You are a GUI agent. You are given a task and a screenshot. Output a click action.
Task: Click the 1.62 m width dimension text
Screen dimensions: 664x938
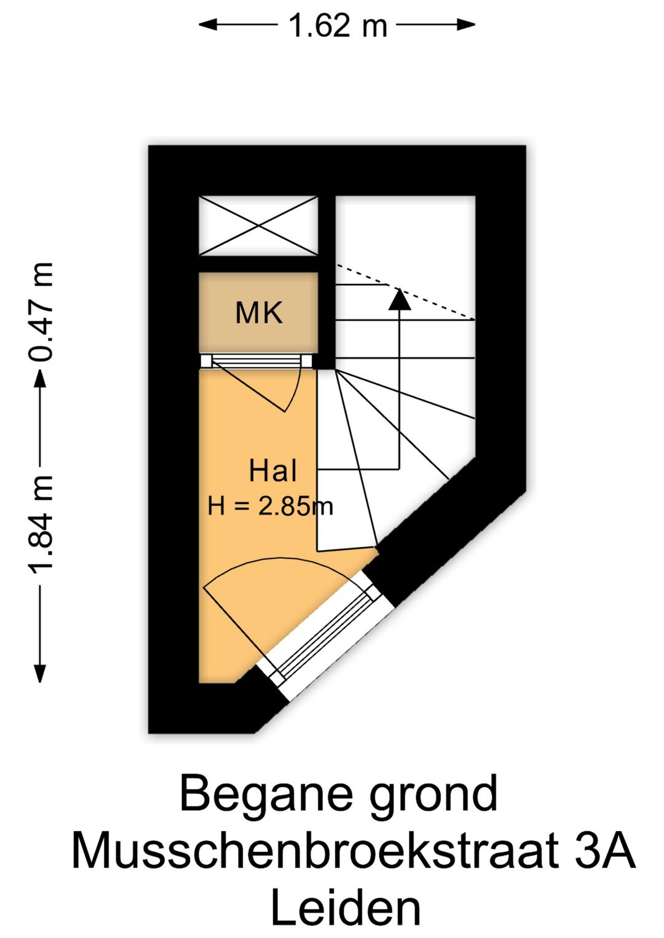click(x=338, y=25)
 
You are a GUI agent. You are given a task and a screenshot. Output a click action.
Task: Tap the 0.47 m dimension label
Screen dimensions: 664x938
click(x=41, y=312)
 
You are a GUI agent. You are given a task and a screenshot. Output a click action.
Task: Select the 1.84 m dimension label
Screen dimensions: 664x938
click(x=41, y=524)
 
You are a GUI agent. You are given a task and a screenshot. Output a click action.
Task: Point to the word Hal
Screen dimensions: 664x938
click(x=273, y=471)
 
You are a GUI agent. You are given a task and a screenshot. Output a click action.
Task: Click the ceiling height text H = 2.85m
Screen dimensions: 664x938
click(x=271, y=506)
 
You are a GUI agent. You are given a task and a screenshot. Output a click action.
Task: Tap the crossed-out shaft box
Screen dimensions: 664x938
click(x=258, y=226)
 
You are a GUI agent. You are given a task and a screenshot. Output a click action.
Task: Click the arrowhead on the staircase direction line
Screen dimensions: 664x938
click(x=400, y=299)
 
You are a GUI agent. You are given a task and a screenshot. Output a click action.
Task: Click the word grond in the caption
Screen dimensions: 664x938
click(x=434, y=793)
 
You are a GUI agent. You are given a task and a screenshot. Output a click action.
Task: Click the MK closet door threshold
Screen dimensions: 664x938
click(x=256, y=361)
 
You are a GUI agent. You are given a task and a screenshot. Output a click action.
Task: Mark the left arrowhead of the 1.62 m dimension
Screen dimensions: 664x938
click(x=208, y=25)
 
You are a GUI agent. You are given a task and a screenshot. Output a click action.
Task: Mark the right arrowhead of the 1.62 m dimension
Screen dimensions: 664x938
click(x=465, y=25)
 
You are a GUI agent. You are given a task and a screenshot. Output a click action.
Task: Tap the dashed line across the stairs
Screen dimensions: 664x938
click(x=406, y=292)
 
